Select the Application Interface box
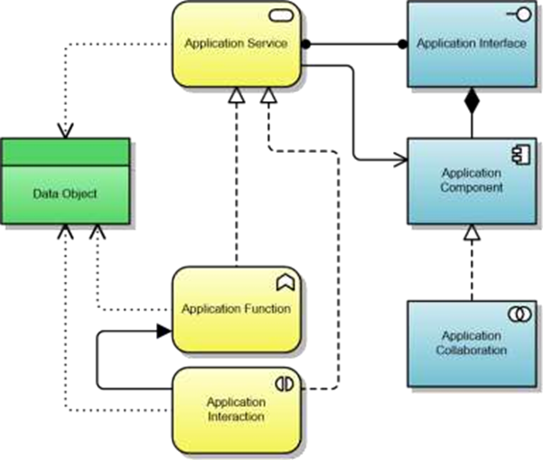[x=471, y=44]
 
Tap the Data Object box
[x=64, y=192]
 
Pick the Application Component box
[x=471, y=181]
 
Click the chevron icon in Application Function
[x=286, y=283]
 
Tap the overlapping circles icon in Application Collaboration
[x=519, y=314]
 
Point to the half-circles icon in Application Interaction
[x=285, y=383]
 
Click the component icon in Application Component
[x=520, y=155]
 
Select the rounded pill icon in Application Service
[x=286, y=17]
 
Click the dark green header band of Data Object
[x=64, y=152]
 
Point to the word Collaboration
[x=471, y=351]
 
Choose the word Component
[x=471, y=188]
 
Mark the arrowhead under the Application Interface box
[x=471, y=92]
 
